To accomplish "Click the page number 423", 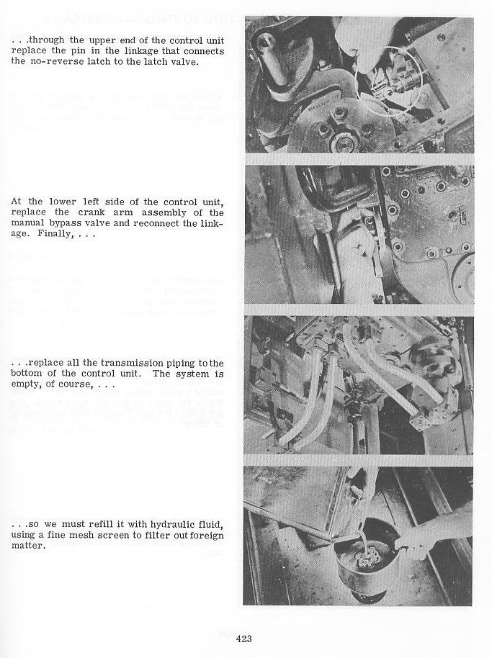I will click(x=243, y=638).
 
